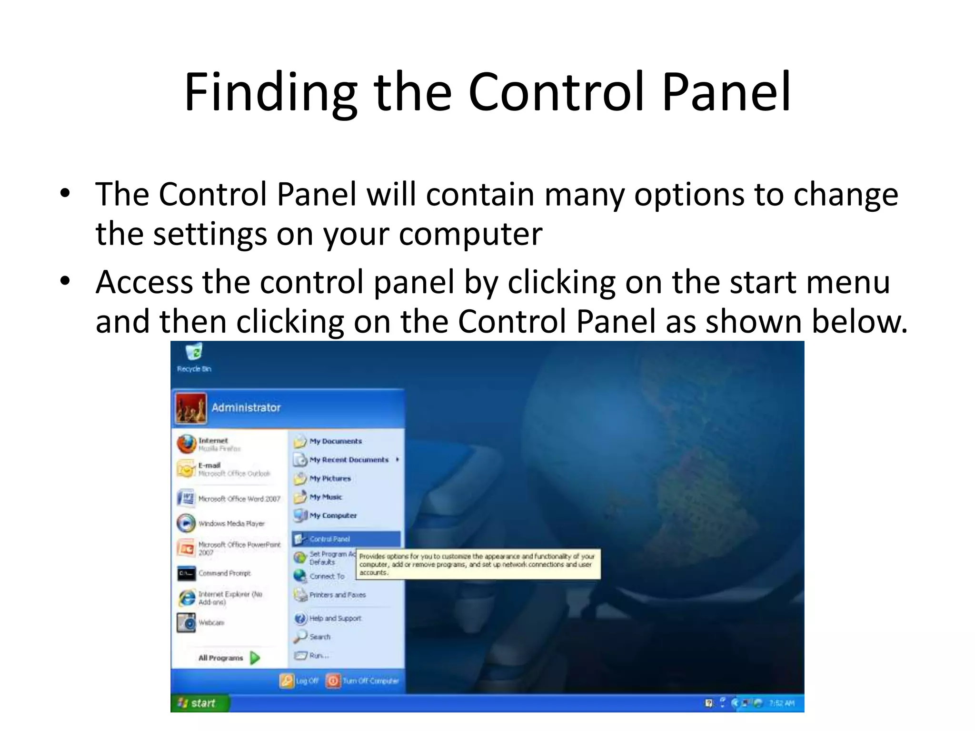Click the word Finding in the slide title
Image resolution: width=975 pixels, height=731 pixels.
pos(270,93)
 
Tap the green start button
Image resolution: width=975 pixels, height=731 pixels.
pos(198,703)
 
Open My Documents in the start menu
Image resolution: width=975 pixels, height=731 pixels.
pos(335,441)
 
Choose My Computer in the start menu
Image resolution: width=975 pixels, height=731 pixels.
pos(333,515)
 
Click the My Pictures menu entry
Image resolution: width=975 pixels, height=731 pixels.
pos(329,478)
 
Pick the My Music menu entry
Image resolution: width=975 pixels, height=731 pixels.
pos(326,497)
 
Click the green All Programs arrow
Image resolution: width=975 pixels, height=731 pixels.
pos(255,658)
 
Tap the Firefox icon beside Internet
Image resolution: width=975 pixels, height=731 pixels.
pos(187,444)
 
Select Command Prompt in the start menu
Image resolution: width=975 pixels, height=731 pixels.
pos(224,573)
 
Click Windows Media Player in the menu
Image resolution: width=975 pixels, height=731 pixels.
pos(231,524)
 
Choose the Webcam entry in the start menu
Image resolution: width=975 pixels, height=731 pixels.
pos(211,622)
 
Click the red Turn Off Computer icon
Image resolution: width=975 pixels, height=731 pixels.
pos(333,681)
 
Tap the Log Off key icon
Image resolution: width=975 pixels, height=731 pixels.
pos(287,681)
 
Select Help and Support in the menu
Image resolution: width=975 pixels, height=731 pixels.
pos(335,618)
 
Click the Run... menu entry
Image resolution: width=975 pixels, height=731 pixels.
pos(318,655)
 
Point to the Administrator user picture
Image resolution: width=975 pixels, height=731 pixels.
pos(191,408)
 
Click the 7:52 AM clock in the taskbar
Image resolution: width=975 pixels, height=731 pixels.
pos(781,703)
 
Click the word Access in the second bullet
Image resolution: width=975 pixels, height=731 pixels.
pos(144,282)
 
